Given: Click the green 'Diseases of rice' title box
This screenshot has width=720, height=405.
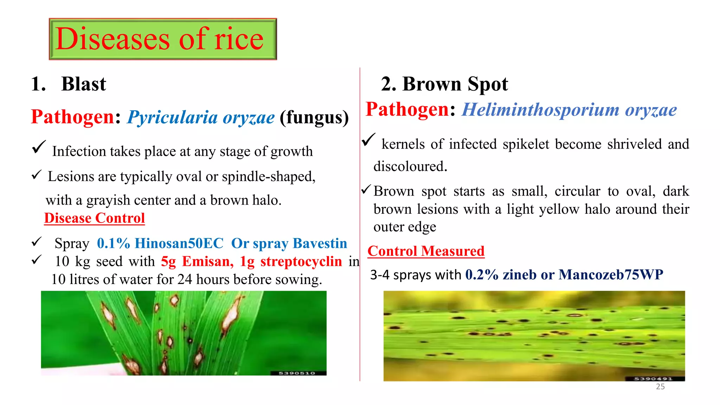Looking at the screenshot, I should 162,39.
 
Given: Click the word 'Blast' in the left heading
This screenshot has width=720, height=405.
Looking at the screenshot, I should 83,84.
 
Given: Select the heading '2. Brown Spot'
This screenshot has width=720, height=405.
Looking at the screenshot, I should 444,84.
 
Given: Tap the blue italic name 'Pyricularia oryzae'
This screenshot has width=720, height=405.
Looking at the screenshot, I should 201,117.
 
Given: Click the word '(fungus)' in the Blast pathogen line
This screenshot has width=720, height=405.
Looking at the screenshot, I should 314,117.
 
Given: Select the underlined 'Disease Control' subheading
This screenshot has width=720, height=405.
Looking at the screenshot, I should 94,218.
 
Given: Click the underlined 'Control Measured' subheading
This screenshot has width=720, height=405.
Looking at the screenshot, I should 426,251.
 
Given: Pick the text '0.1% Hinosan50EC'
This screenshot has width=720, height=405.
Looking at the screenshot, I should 160,243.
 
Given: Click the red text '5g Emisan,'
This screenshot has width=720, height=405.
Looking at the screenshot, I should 197,262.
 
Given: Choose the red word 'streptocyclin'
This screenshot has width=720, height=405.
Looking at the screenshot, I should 301,262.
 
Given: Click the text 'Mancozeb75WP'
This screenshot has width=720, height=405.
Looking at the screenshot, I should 611,275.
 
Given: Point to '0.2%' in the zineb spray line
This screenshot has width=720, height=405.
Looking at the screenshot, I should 482,275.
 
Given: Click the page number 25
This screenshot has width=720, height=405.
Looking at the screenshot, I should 660,387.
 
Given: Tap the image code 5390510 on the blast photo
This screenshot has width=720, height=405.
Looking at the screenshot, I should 297,373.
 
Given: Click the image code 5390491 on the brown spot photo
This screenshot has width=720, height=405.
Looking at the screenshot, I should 653,379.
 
